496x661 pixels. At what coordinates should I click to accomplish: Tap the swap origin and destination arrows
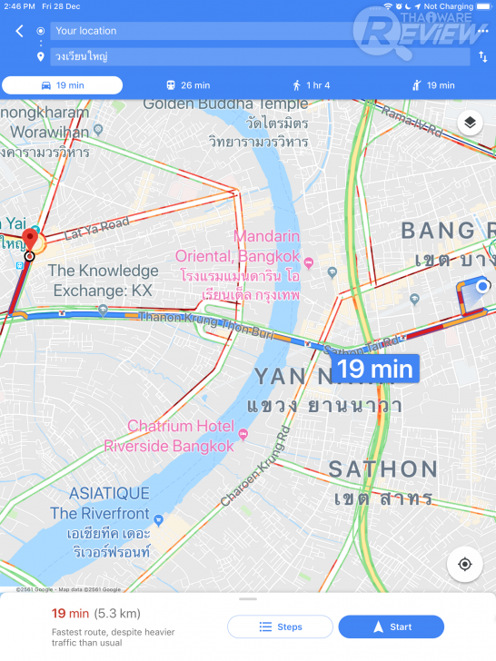482,56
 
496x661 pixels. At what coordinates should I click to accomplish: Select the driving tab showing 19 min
62,85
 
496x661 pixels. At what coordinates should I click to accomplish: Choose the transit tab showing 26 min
187,85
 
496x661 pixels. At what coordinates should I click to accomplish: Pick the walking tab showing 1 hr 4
311,85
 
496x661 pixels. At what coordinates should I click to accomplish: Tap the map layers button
470,123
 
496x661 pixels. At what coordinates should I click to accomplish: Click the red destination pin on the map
29,241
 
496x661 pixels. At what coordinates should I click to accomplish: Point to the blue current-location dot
483,287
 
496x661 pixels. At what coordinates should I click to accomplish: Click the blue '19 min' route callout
376,369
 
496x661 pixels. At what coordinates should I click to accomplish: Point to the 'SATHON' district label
382,469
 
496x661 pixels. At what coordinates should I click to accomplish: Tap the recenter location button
465,564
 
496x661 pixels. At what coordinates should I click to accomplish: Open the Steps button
280,626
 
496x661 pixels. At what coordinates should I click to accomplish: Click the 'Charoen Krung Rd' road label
257,465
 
